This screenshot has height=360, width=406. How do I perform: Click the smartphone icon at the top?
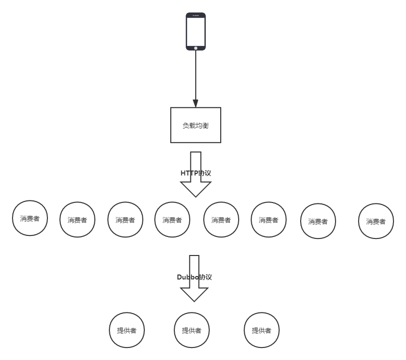point(196,31)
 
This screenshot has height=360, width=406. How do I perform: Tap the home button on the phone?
point(196,48)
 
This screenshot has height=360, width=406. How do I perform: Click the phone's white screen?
point(196,30)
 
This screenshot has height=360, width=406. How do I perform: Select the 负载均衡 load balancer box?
point(196,125)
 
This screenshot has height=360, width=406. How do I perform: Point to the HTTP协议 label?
point(196,173)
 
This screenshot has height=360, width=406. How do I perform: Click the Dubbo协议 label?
point(194,277)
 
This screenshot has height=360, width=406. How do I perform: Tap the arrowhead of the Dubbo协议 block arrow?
point(194,293)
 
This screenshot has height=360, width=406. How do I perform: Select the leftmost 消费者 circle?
point(30,218)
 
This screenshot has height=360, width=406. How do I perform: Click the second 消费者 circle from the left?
point(77,220)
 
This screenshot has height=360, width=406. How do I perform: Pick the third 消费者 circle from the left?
point(125,220)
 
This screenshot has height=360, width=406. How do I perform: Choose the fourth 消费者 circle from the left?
point(172,220)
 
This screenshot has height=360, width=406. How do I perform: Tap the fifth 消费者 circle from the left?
point(221,220)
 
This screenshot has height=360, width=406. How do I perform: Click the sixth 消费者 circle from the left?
point(268,220)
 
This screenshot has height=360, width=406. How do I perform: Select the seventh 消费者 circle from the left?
point(318,221)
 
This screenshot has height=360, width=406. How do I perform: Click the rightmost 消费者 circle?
point(376,221)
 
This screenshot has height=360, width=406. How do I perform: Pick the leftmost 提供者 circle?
point(127,330)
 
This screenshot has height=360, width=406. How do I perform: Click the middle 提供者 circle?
point(192,330)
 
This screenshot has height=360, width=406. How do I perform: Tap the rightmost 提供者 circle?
point(261,330)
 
